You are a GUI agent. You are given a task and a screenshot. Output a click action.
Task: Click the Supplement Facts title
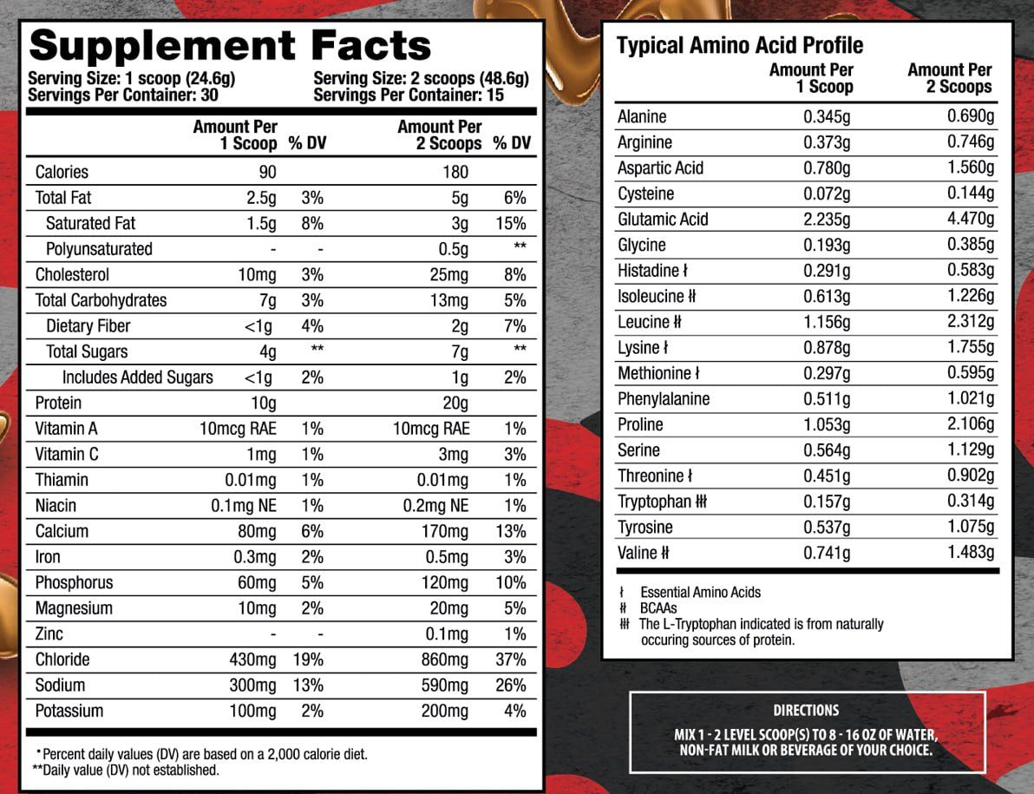[230, 45]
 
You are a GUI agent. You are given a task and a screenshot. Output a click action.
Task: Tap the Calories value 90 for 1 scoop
[266, 172]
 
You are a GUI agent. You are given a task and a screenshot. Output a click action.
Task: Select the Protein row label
[58, 403]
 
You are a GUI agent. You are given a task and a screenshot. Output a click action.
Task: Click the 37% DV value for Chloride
[510, 659]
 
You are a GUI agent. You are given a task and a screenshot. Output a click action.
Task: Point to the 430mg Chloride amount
[252, 659]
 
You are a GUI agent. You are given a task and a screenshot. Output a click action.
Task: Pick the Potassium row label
[69, 711]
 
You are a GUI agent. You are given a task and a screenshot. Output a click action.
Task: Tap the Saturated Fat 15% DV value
[511, 223]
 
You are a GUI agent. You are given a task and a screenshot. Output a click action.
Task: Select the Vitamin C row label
[67, 454]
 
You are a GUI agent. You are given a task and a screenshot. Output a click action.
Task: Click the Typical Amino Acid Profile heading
[740, 46]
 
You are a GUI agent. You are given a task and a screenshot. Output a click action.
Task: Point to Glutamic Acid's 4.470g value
[970, 220]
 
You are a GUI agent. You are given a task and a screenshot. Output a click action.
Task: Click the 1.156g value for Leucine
[827, 322]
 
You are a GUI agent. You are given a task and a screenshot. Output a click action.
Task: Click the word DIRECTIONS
[806, 710]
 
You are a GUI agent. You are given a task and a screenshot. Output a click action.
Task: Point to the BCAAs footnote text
[658, 608]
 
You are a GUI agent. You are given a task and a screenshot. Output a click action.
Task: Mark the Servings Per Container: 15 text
[409, 95]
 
